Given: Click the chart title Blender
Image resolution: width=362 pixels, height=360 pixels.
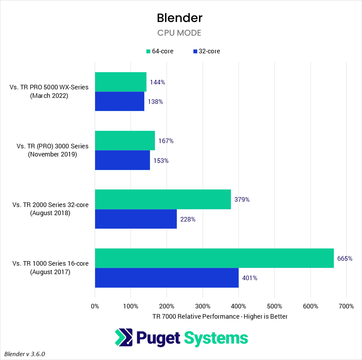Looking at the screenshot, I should [x=180, y=18].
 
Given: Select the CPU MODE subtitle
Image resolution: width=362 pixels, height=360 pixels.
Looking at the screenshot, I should [x=179, y=33].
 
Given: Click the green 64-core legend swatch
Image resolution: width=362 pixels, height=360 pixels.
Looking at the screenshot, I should [x=148, y=52].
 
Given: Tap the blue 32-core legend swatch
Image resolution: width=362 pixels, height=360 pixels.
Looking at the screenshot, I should [x=195, y=52].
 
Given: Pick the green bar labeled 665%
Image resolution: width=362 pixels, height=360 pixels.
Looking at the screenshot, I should [x=214, y=258].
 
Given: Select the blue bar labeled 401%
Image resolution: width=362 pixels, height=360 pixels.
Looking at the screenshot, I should [x=167, y=278].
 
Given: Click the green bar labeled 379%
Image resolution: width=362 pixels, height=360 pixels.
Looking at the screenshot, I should [x=163, y=199].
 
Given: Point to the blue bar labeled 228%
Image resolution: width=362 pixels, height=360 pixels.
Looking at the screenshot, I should [x=136, y=219].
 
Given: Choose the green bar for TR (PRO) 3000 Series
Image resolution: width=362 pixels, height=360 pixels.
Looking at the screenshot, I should [x=125, y=141].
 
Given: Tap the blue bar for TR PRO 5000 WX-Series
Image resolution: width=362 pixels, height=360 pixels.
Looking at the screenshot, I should [x=119, y=101].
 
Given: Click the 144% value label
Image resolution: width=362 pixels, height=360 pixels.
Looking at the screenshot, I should [x=158, y=82].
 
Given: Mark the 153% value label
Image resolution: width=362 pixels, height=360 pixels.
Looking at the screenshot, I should [x=161, y=160].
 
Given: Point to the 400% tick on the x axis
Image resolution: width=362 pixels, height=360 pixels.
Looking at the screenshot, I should [x=239, y=306].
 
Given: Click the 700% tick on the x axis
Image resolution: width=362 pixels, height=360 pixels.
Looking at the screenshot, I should [x=346, y=306].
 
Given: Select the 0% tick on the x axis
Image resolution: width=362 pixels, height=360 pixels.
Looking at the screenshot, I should [x=95, y=306].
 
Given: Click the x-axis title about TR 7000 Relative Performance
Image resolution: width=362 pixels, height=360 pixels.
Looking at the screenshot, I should [x=220, y=317].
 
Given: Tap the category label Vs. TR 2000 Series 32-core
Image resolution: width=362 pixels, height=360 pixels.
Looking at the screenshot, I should [x=51, y=205].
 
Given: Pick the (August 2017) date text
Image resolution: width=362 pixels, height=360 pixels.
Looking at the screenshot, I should [x=51, y=272].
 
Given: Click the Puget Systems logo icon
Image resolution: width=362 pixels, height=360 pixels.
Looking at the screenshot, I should [x=124, y=337].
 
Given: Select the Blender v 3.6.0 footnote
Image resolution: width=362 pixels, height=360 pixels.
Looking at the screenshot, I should [x=25, y=354].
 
